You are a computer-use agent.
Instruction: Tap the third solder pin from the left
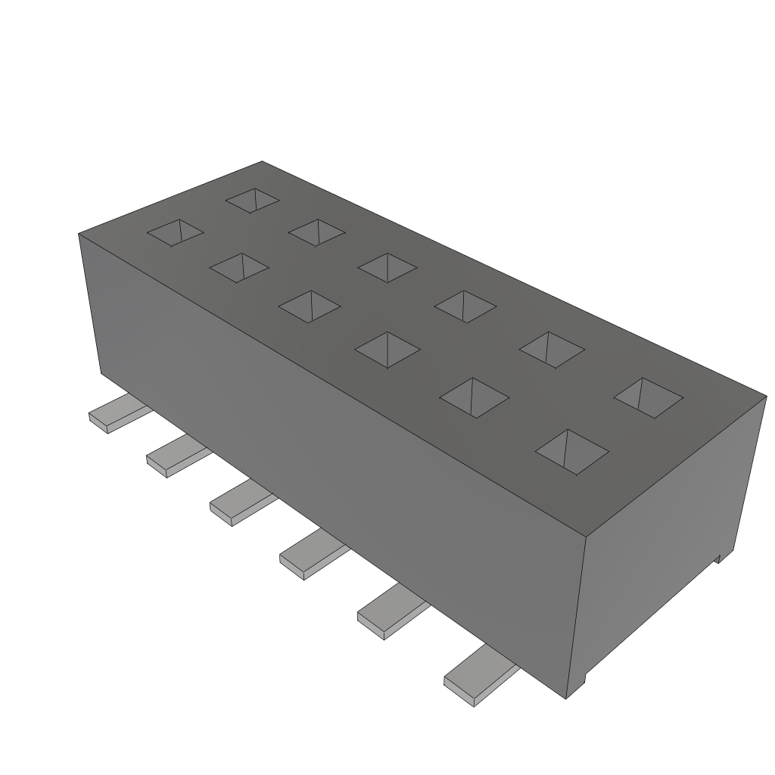[x=239, y=505]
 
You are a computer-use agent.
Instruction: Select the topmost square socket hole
[x=253, y=201]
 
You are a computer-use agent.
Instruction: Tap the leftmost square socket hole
[x=175, y=233]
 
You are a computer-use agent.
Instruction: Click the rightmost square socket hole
[x=649, y=397]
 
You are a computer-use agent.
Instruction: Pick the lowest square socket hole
[x=572, y=452]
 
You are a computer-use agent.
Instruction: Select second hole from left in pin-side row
[x=239, y=268]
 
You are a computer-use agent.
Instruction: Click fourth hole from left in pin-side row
[x=387, y=350]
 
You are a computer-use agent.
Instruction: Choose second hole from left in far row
[x=317, y=232]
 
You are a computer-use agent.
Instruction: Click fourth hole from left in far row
[x=465, y=307]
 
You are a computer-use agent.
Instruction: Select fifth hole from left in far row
[x=552, y=350]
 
